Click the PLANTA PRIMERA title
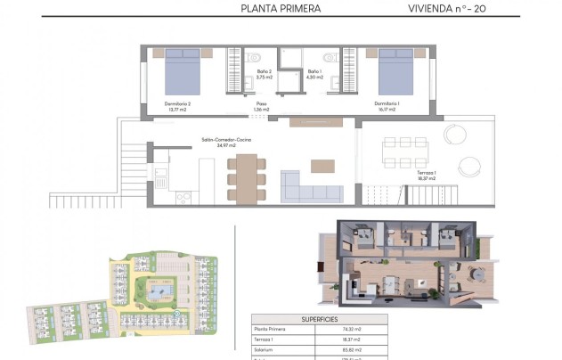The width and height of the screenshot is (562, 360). tap(281, 9)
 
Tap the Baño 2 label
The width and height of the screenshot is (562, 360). tap(263, 73)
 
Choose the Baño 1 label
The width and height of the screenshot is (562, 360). tap(314, 73)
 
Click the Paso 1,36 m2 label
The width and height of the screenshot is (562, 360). tap(262, 106)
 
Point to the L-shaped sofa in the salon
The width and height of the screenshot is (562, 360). tap(311, 188)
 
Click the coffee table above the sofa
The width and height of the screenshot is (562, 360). tap(322, 166)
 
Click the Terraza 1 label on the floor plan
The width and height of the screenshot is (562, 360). tap(427, 176)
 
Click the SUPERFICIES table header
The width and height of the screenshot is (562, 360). tap(319, 318)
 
